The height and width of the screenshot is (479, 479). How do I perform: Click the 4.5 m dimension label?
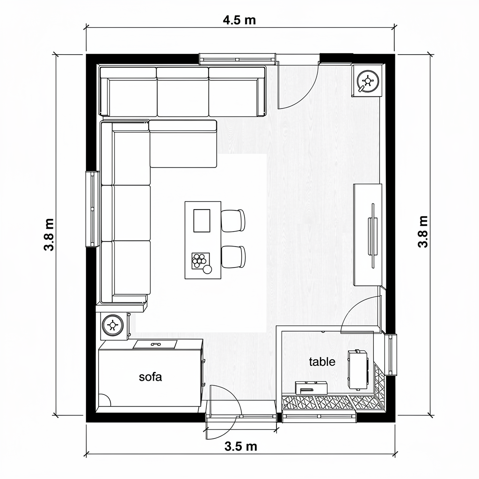pos(239,20)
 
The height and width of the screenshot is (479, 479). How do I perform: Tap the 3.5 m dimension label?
pos(241,447)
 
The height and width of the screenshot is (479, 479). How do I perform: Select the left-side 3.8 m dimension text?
pos(49,235)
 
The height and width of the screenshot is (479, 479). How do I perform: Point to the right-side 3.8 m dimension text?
pos(423,232)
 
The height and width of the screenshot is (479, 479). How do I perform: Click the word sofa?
pos(150,377)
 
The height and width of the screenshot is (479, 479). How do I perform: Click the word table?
pos(322,362)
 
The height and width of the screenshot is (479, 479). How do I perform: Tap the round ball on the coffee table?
pos(207,269)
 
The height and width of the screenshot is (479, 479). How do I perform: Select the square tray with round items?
pos(200,261)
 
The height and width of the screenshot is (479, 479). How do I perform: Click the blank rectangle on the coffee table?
pos(202,221)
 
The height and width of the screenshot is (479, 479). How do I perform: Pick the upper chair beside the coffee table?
pos(233,221)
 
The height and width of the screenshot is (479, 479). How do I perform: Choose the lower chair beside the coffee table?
pos(233,257)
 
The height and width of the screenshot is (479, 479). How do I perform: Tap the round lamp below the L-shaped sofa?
pos(113,325)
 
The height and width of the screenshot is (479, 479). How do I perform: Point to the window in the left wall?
pos(92,209)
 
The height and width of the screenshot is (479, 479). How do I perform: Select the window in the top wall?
pos(238,58)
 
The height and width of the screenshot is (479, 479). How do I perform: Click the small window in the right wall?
pos(391,355)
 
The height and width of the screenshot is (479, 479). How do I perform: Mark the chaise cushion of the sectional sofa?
pos(183,144)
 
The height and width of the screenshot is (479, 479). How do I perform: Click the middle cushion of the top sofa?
pos(183,92)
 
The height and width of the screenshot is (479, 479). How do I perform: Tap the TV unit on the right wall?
pos(368,235)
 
